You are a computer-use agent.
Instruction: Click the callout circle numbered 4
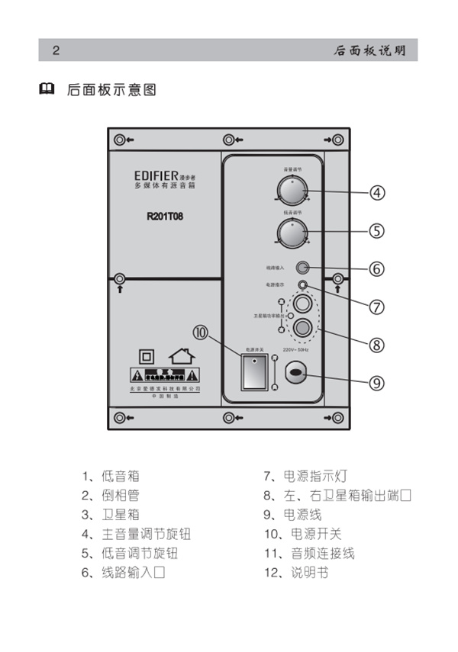pyautogui.click(x=376, y=193)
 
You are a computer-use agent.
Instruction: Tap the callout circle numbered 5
pyautogui.click(x=376, y=230)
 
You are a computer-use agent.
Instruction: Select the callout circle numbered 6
pyautogui.click(x=376, y=269)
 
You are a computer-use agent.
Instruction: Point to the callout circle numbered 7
pyautogui.click(x=376, y=307)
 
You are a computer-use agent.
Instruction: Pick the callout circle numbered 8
pyautogui.click(x=376, y=344)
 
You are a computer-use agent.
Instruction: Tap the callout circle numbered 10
pyautogui.click(x=200, y=333)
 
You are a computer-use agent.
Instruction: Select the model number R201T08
pyautogui.click(x=164, y=215)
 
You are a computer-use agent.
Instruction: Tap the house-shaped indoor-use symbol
pyautogui.click(x=180, y=355)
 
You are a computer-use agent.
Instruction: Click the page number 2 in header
pyautogui.click(x=56, y=51)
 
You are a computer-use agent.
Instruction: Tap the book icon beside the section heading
pyautogui.click(x=47, y=90)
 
